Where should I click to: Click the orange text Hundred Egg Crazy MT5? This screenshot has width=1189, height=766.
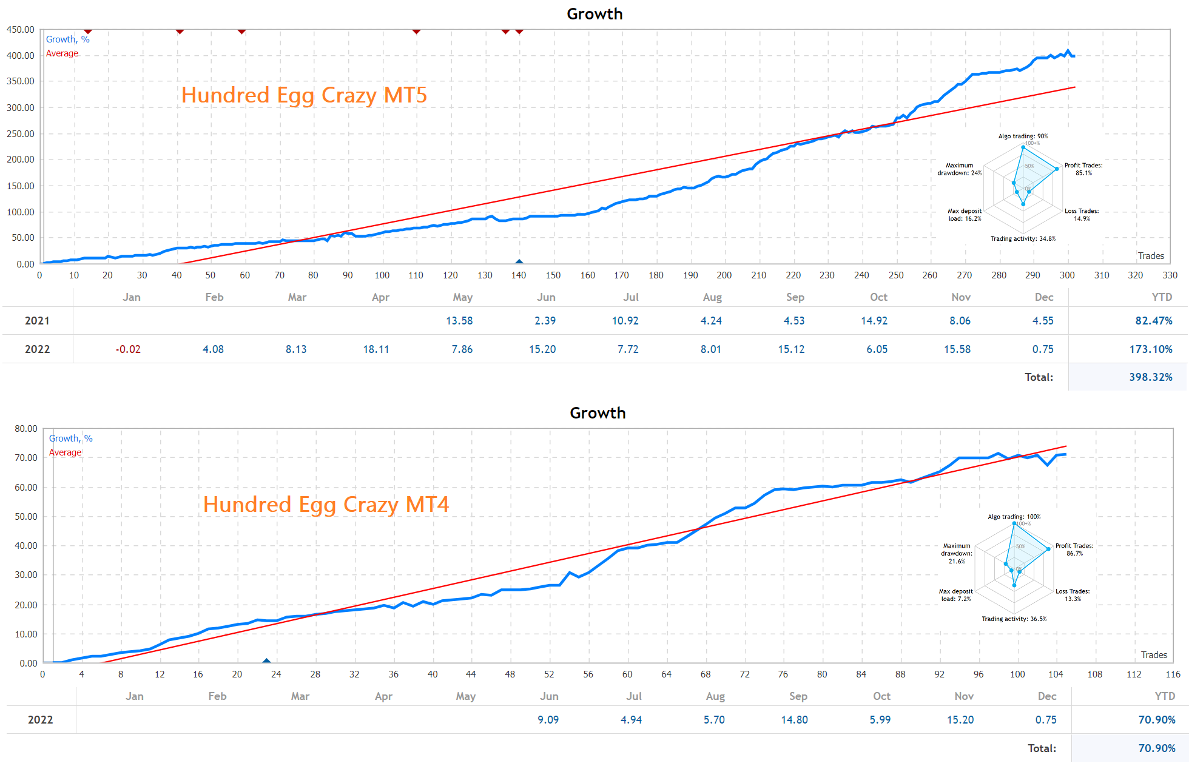(x=304, y=95)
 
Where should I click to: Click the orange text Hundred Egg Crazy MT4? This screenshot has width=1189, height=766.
(x=326, y=505)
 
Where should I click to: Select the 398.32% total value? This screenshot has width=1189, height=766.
(x=1150, y=377)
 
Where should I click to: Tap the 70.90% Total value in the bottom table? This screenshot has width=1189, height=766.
(x=1156, y=748)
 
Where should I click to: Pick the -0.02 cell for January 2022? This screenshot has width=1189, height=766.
(x=128, y=349)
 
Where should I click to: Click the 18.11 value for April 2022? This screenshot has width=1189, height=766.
(x=376, y=349)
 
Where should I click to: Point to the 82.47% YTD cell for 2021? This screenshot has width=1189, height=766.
(x=1153, y=321)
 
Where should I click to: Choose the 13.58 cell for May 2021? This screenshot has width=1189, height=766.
(x=459, y=321)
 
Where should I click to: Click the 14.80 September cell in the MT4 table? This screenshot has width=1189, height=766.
(x=794, y=720)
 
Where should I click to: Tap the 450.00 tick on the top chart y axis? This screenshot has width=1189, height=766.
(x=21, y=30)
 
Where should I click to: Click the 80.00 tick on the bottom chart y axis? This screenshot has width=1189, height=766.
(x=26, y=429)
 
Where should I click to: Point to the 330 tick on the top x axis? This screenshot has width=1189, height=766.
(x=1170, y=275)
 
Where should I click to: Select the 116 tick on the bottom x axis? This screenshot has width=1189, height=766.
(x=1173, y=674)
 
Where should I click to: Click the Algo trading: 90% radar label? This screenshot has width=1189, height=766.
(x=1023, y=136)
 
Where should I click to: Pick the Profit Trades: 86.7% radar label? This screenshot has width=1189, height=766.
(x=1074, y=549)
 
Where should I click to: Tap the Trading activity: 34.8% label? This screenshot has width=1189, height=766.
(x=1023, y=239)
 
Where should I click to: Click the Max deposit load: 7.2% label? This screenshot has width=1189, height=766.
(x=955, y=595)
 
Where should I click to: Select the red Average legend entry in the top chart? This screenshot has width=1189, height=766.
(x=62, y=53)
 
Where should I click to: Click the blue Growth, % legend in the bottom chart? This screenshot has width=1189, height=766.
(x=70, y=438)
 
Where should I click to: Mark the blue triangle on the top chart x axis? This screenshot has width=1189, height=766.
(x=519, y=261)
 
